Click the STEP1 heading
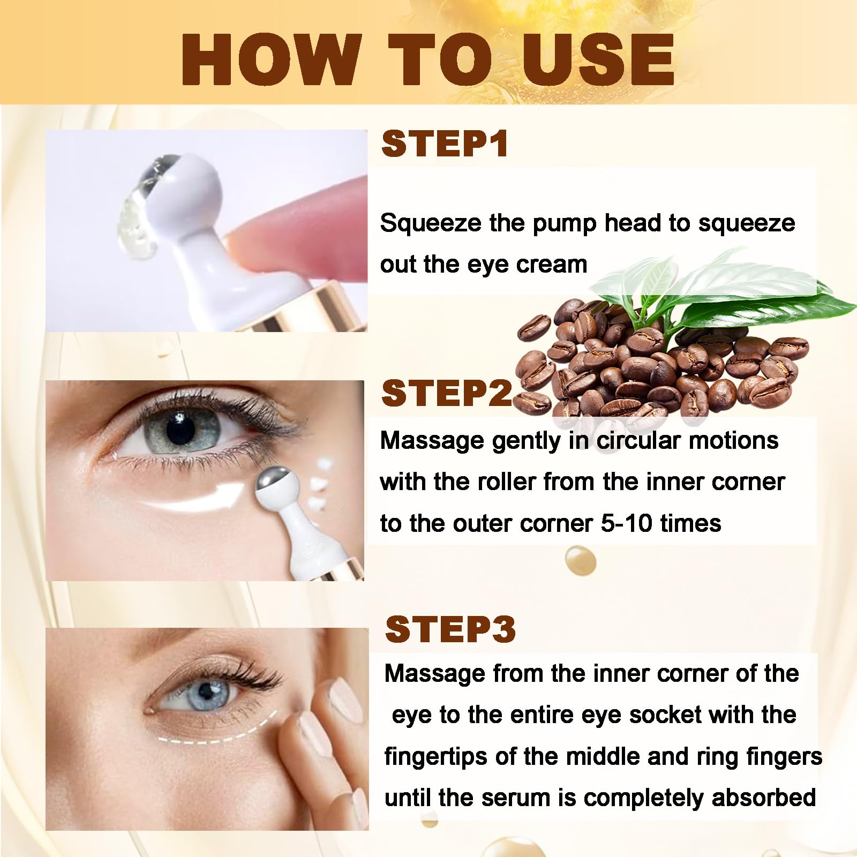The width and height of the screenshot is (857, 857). [445, 144]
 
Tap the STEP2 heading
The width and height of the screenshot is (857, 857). [447, 393]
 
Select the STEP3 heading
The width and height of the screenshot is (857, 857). [450, 629]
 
